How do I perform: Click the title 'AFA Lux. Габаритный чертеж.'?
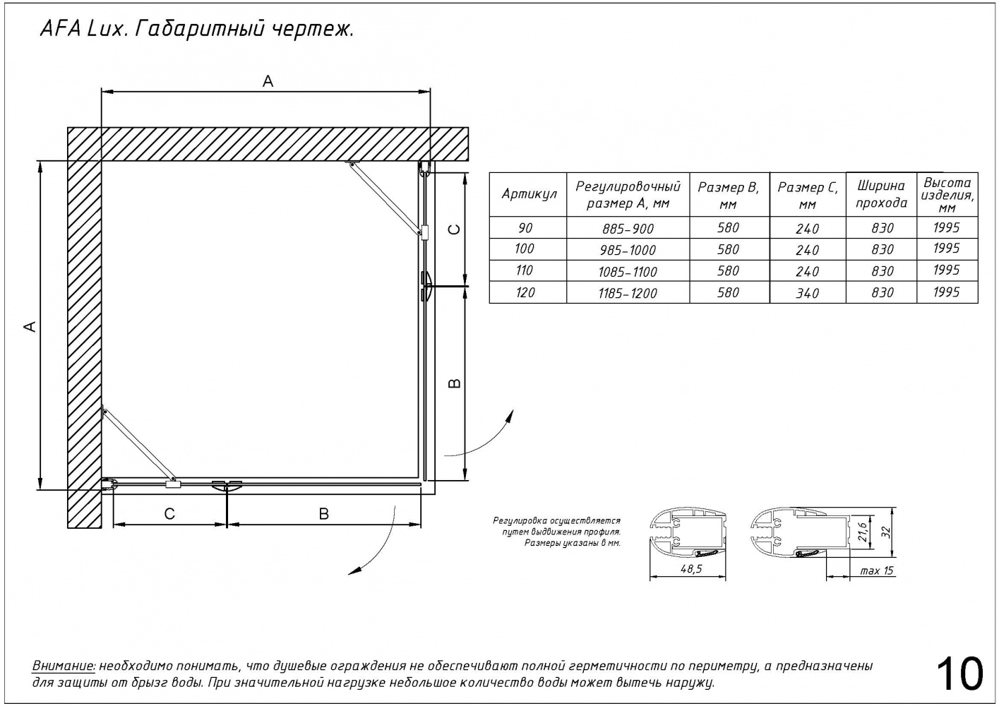click(193, 30)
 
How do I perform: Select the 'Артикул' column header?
click(529, 194)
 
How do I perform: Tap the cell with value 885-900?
click(628, 229)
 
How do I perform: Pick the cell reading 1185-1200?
click(628, 293)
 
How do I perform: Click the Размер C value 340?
click(807, 293)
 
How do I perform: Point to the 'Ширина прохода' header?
click(881, 194)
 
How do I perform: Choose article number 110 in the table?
click(525, 270)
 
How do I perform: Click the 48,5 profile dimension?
click(688, 570)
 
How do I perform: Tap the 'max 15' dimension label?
click(876, 570)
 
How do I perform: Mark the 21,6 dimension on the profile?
click(862, 529)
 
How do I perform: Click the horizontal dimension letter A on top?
click(268, 82)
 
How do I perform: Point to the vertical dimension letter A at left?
click(30, 325)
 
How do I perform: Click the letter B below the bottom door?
click(323, 514)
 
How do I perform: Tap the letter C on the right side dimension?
click(455, 229)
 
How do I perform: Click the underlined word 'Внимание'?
click(64, 666)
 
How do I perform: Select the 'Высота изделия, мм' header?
click(947, 194)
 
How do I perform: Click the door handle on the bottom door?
click(227, 486)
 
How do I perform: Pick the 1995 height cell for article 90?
click(946, 227)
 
